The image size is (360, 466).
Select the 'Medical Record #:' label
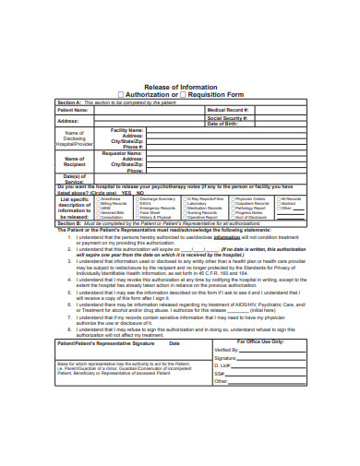[231, 110]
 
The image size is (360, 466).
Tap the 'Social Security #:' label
[230, 118]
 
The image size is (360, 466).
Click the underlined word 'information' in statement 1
[228, 236]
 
